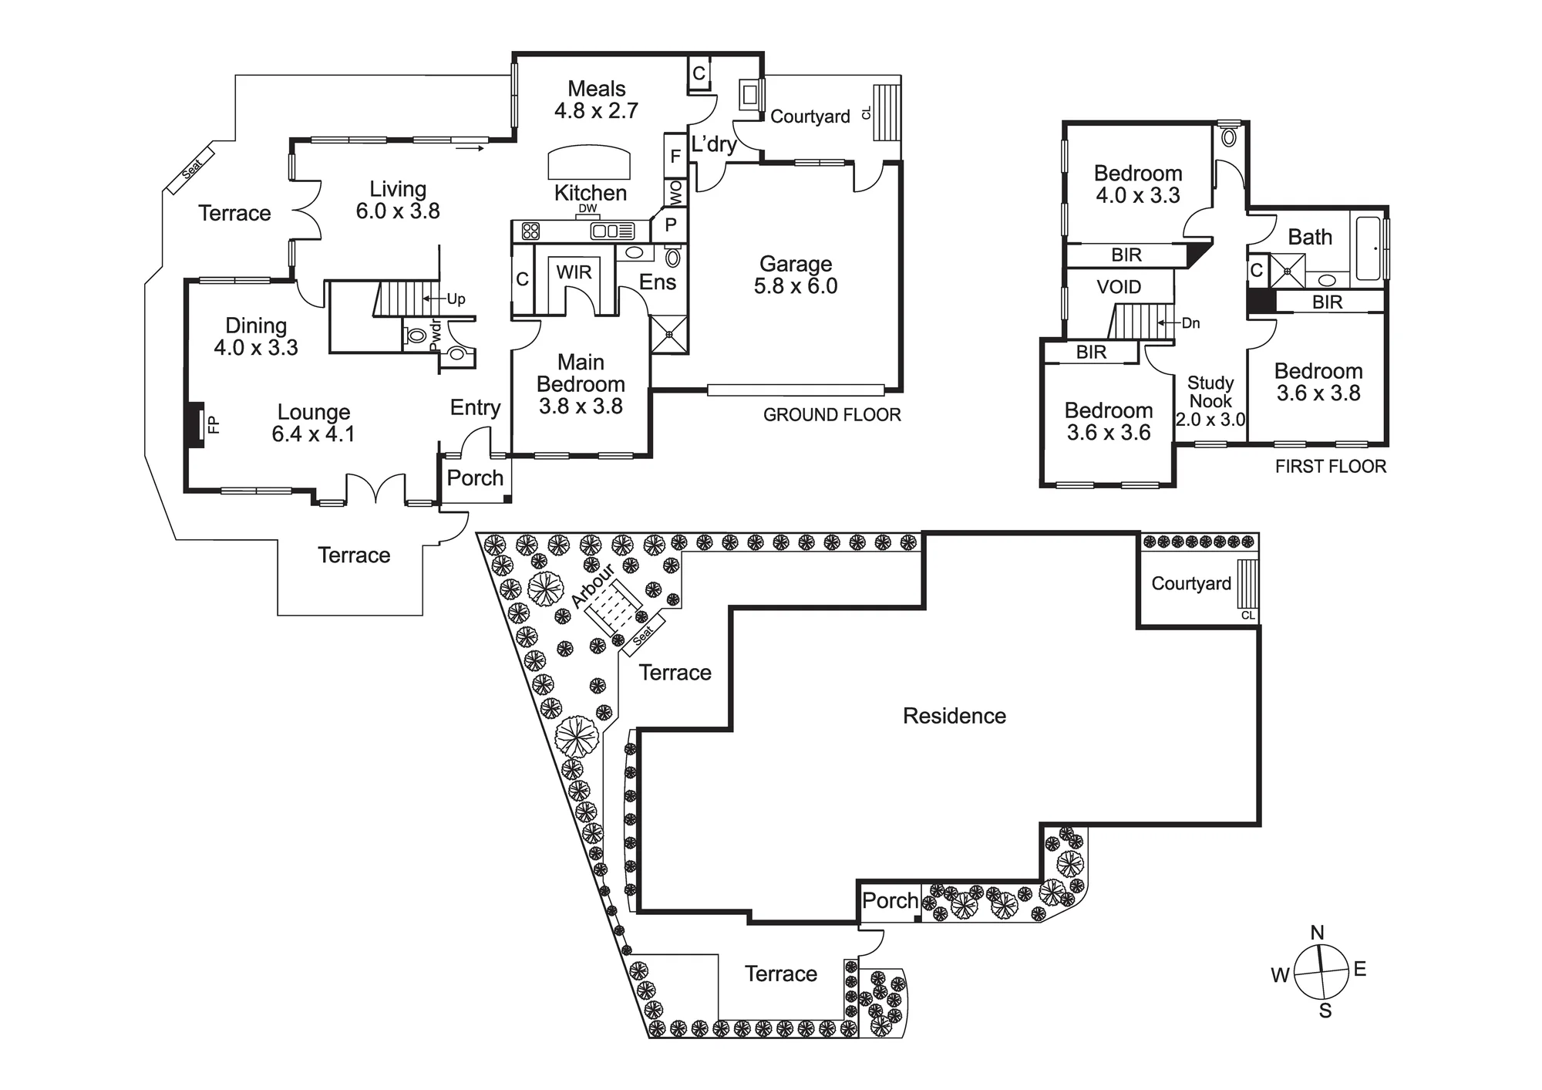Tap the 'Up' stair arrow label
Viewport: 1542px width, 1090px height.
point(456,299)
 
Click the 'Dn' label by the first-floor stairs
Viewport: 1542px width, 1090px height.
point(1191,323)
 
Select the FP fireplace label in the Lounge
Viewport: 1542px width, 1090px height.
point(214,424)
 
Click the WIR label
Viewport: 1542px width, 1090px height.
point(574,272)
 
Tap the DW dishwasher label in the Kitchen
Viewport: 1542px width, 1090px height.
point(588,208)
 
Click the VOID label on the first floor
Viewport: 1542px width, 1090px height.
point(1119,287)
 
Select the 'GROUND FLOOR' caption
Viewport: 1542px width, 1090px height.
point(832,415)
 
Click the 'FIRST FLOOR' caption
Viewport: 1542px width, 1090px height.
point(1331,466)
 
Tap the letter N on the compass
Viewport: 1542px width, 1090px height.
point(1318,933)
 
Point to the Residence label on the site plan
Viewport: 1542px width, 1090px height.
point(954,716)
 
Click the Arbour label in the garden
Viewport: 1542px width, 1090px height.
point(593,585)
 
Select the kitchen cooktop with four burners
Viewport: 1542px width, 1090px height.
point(530,230)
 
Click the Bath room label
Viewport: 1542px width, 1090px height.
point(1310,237)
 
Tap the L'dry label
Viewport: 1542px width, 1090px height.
point(714,144)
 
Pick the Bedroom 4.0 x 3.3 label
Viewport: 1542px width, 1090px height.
point(1138,184)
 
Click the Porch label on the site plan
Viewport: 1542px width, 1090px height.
point(891,900)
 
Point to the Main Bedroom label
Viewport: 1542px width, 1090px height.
point(581,384)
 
